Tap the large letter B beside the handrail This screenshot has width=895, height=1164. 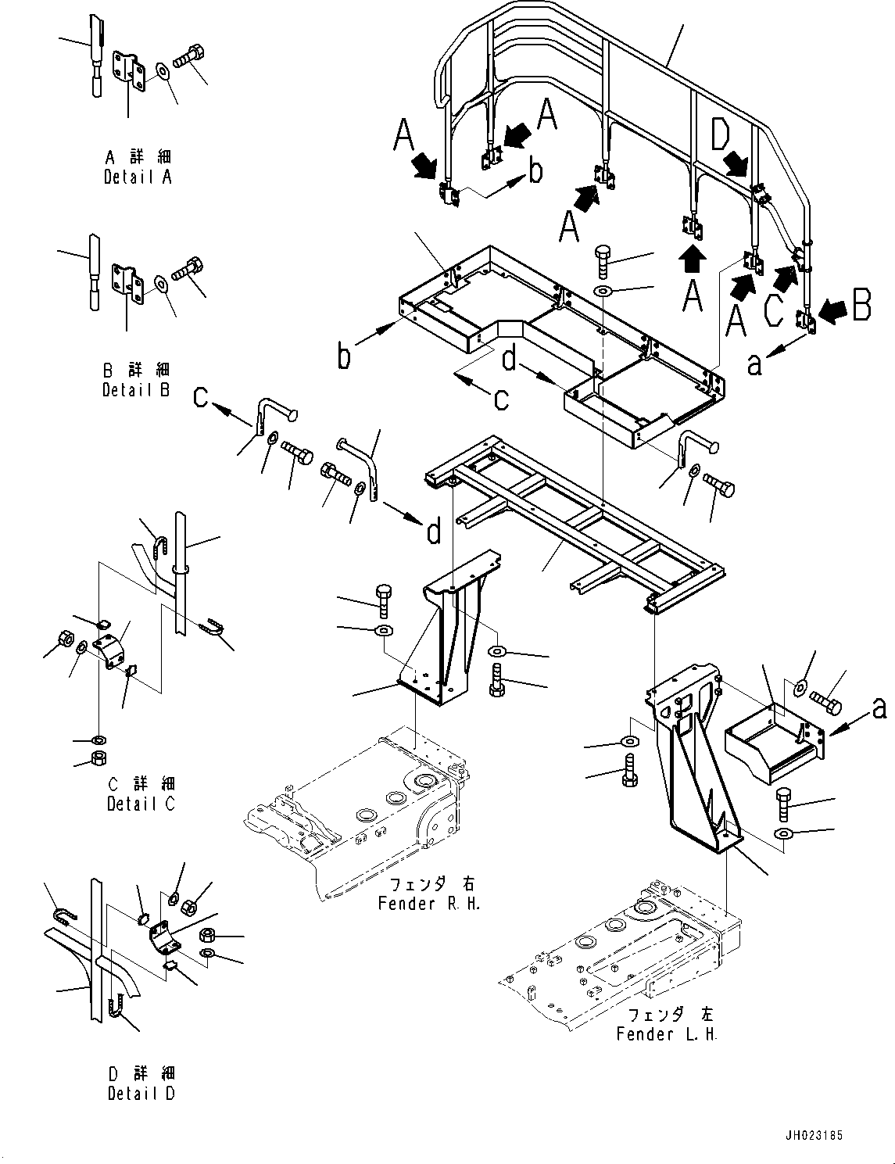click(x=861, y=306)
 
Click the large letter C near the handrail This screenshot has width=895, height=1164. click(x=773, y=309)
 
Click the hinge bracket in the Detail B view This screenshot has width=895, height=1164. click(x=127, y=283)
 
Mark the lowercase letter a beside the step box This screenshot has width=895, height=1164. click(x=879, y=708)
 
